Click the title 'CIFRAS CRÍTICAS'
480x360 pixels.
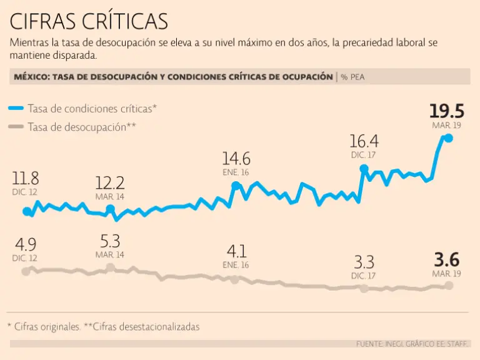click(89, 21)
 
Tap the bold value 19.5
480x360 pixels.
click(446, 111)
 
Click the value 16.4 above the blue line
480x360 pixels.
click(364, 141)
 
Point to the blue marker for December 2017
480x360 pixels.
click(364, 169)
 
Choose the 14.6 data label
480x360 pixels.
click(236, 158)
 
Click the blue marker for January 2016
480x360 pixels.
click(236, 186)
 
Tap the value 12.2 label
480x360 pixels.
click(110, 182)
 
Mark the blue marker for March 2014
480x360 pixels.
click(110, 209)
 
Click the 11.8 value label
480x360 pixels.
click(25, 178)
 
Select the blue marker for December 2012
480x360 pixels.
click(26, 212)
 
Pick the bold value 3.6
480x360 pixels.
click(446, 259)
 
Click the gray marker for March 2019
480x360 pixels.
click(448, 285)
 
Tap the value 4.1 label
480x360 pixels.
click(236, 251)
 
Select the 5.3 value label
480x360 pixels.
click(110, 241)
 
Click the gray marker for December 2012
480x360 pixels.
click(26, 271)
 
